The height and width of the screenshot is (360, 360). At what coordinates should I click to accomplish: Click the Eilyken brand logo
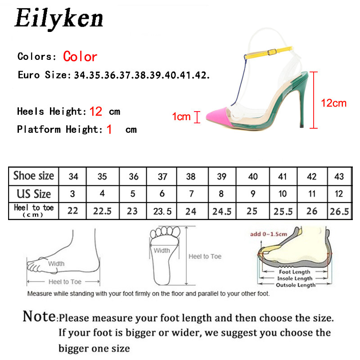[x=59, y=19]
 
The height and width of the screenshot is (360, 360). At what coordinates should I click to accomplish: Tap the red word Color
[x=80, y=57]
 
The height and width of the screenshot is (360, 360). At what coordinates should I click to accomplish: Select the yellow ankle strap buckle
[x=270, y=53]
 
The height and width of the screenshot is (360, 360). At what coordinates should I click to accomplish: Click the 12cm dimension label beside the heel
[x=333, y=103]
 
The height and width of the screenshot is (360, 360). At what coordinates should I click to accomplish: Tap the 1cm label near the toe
[x=181, y=117]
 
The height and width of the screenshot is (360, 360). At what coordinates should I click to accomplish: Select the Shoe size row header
[x=34, y=176]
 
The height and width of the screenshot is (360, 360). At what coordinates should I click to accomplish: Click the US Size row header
[x=34, y=194]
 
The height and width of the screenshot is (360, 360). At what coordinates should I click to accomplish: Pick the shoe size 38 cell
[x=191, y=176]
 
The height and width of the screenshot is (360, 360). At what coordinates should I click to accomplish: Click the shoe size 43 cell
[x=339, y=176]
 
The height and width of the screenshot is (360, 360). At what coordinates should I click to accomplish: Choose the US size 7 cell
[x=191, y=194]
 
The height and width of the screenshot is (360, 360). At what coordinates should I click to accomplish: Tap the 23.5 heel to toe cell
[x=162, y=211]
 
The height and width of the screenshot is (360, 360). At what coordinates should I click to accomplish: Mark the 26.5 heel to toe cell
[x=339, y=211]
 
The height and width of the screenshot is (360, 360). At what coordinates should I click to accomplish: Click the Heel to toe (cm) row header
[x=34, y=211]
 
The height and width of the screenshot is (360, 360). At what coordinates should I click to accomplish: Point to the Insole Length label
[x=294, y=279]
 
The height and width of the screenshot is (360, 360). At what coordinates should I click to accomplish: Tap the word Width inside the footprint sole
[x=162, y=251]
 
